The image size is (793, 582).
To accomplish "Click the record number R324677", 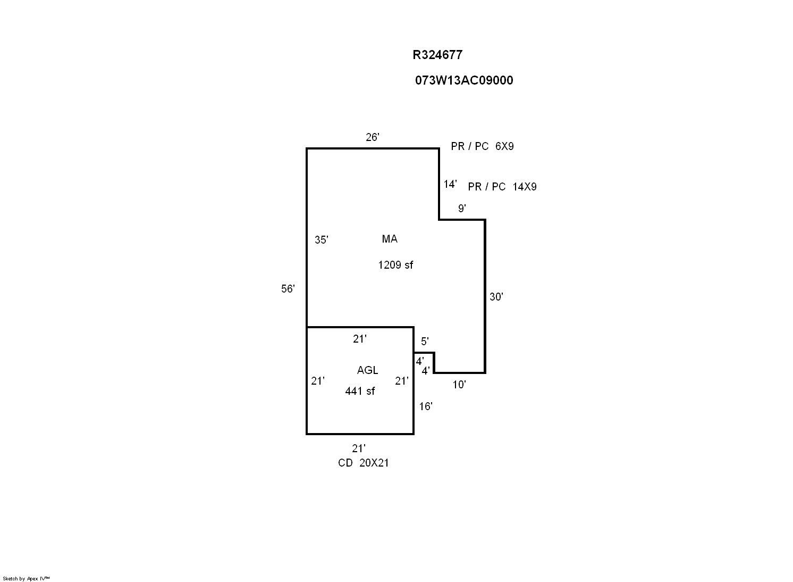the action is click(x=437, y=55).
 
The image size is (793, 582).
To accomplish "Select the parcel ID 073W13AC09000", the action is click(x=464, y=80).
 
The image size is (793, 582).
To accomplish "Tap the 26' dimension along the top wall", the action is click(x=373, y=137).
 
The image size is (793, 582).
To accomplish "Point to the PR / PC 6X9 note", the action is click(x=482, y=146).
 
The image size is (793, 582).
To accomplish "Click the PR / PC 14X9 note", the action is click(x=502, y=187).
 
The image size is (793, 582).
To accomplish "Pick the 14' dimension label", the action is click(x=450, y=184).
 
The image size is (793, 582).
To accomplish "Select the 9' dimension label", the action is click(x=462, y=209).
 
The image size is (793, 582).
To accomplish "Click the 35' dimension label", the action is click(x=322, y=240).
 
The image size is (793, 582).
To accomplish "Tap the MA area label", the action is click(x=390, y=239).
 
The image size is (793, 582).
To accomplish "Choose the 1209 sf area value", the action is click(x=395, y=265).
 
